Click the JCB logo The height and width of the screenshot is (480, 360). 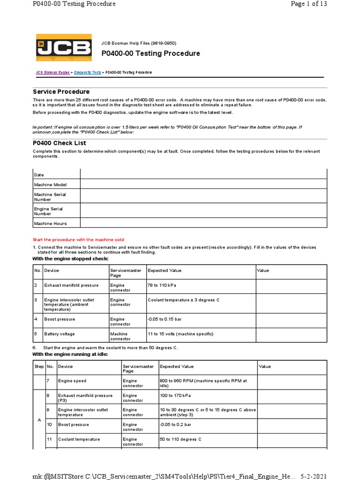[x=64, y=48]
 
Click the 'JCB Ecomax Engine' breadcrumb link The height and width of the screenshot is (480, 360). [x=52, y=73]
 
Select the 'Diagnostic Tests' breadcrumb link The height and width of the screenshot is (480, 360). [x=87, y=73]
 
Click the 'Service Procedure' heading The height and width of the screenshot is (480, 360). [x=61, y=91]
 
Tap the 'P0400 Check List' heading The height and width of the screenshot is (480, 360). [x=59, y=143]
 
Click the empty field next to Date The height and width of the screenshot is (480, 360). [x=203, y=174]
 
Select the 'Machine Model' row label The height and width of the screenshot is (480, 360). [x=50, y=185]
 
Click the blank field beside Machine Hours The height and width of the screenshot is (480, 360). [x=203, y=223]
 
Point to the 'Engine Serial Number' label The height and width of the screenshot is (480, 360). [x=48, y=211]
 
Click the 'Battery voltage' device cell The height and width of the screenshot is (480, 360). [x=59, y=334]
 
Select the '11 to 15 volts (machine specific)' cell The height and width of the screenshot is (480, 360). [x=180, y=334]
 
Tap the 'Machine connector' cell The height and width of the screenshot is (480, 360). [x=121, y=336]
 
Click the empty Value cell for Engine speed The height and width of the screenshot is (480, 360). [x=291, y=382]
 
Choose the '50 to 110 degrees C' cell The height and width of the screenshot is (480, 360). [x=180, y=439]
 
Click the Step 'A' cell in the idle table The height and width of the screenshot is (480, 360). [x=39, y=420]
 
